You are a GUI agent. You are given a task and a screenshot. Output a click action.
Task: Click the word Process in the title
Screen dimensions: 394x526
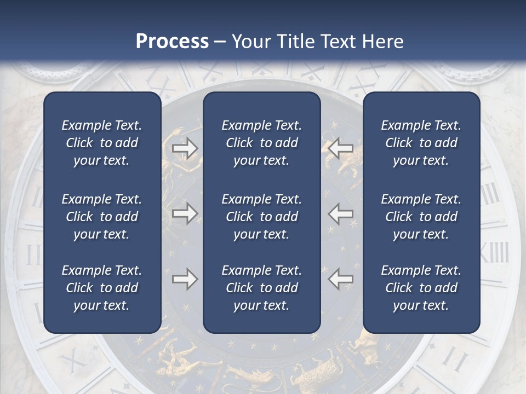[x=172, y=42]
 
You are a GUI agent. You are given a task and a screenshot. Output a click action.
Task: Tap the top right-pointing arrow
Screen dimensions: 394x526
[x=185, y=148]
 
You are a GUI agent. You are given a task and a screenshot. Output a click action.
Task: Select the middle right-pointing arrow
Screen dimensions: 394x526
[x=185, y=213]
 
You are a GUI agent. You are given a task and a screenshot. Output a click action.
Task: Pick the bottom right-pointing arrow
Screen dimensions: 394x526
[x=185, y=279]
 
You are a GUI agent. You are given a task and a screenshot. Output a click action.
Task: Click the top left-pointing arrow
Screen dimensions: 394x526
[x=341, y=148]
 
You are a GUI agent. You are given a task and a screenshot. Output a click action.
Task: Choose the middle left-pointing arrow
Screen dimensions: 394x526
[x=341, y=213]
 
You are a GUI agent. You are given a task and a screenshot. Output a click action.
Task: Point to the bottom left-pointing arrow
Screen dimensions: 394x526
[x=341, y=279]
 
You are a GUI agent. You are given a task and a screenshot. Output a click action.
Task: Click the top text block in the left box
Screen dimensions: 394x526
[x=102, y=143]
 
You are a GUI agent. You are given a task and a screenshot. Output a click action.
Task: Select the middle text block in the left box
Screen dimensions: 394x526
[x=102, y=217]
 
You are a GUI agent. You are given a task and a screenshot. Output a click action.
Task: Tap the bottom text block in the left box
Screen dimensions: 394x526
[x=102, y=288]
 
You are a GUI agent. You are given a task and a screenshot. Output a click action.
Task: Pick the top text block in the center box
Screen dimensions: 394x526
[x=261, y=143]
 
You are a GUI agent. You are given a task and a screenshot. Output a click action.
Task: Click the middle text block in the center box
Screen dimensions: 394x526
[x=261, y=217]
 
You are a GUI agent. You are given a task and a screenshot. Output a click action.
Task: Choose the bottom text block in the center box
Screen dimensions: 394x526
[x=261, y=288]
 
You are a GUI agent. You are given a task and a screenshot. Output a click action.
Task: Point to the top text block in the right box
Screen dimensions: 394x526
[x=421, y=143]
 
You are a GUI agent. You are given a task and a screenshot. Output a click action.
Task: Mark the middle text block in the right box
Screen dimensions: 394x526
[x=421, y=217]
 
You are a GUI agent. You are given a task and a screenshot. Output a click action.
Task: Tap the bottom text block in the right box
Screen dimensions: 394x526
[x=421, y=288]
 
